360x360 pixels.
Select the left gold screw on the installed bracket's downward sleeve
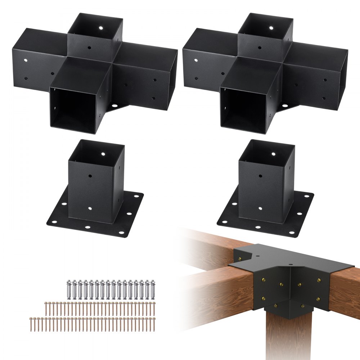pyautogui.click(x=275, y=306)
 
